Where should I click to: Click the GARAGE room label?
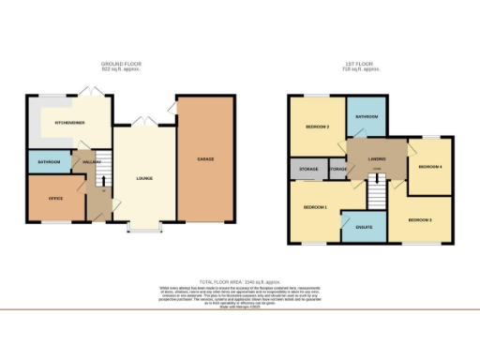click(205, 159)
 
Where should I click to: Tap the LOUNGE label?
click(143, 178)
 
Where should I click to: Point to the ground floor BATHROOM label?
click(49, 162)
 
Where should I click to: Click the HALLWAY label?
click(91, 162)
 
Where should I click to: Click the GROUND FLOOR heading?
click(123, 64)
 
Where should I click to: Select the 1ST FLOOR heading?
click(360, 64)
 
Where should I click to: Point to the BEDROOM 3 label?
click(419, 221)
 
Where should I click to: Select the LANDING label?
click(378, 157)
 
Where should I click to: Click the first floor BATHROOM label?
click(366, 117)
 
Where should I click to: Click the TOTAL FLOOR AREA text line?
click(239, 280)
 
